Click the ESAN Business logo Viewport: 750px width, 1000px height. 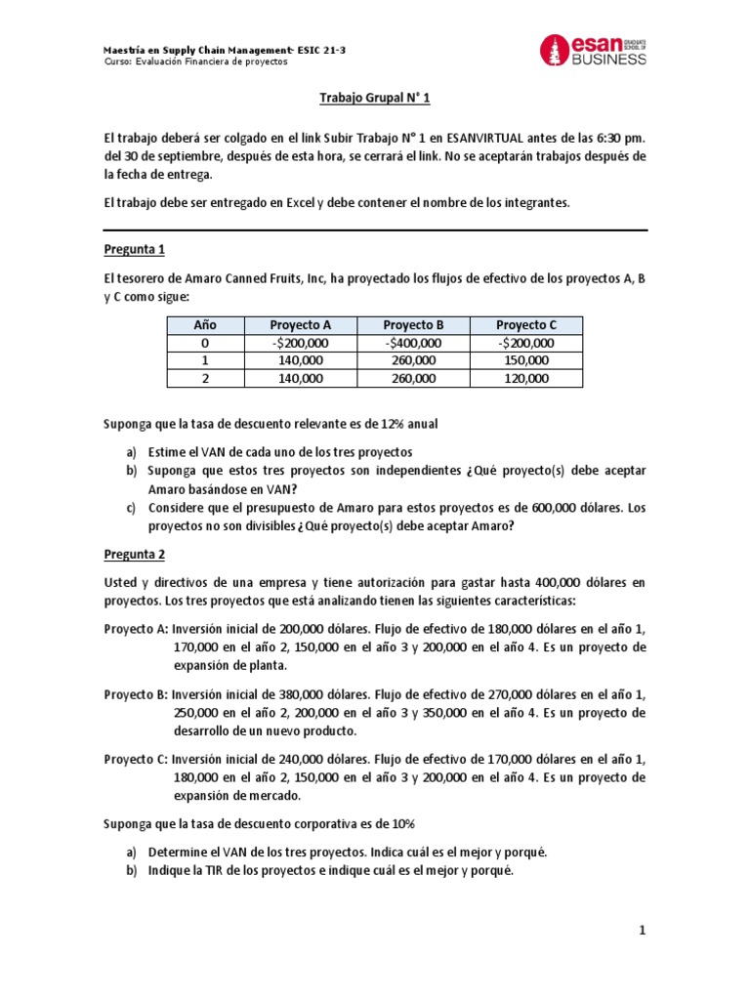point(593,51)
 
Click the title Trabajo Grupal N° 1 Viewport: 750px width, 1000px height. point(375,99)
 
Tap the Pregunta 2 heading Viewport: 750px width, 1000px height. point(135,554)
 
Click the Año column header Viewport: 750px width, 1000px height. point(204,325)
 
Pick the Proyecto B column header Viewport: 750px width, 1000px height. point(413,325)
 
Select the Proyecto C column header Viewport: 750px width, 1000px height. point(526,325)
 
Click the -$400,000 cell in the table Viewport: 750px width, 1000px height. point(413,343)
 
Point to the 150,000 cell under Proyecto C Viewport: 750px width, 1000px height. point(526,360)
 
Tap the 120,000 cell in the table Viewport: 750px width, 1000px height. point(526,378)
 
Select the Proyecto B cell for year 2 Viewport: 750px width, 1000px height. point(413,378)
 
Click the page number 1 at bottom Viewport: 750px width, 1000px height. point(643,932)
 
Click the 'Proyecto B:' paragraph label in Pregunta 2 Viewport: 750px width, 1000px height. point(136,693)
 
